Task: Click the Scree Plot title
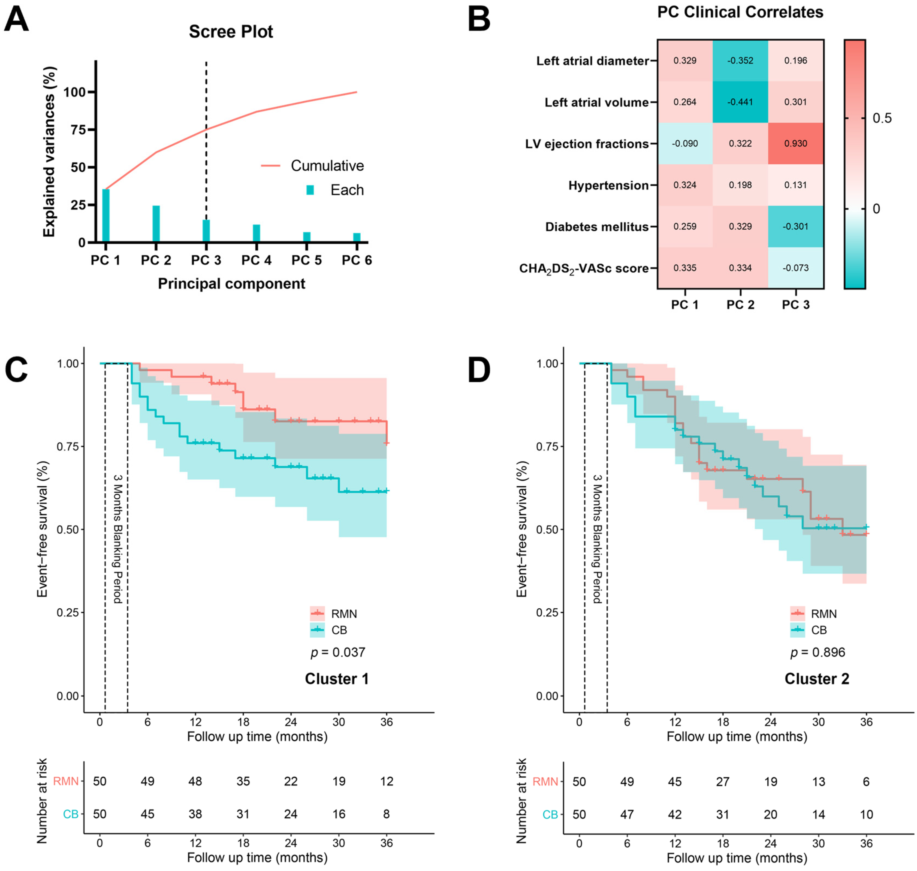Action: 231,32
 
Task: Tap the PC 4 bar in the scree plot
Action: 256,233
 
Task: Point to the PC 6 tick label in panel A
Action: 357,261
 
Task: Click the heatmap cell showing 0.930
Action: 795,143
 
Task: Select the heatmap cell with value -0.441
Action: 740,102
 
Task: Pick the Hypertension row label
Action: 608,185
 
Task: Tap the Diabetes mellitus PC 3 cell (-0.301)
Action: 795,226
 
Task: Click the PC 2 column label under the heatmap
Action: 740,305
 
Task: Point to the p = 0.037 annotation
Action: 337,652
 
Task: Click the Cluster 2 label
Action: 817,679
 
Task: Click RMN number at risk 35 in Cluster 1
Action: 243,781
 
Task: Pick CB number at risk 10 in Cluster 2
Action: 866,814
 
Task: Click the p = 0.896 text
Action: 818,652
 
